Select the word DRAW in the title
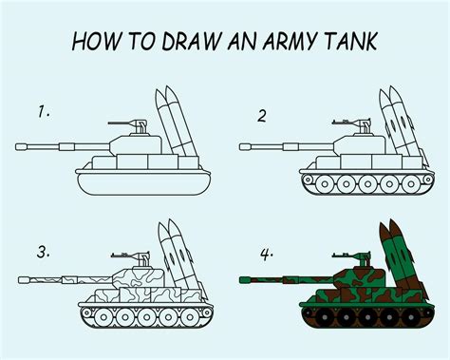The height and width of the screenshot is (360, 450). point(191,41)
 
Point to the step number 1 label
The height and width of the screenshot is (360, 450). point(44,112)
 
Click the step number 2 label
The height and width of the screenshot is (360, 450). point(262,116)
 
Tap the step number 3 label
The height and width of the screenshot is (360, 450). point(44,253)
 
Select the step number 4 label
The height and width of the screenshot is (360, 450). point(267,255)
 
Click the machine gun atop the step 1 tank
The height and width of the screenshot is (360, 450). point(128,124)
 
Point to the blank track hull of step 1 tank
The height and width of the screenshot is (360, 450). point(144,184)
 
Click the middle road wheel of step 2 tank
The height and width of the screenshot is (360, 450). point(367,183)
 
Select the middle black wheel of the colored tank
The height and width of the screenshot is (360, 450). point(367,317)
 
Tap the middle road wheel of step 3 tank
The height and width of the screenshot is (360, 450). point(146,317)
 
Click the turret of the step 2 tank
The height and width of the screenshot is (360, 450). point(360,145)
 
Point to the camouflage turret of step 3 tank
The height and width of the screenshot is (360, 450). point(139,278)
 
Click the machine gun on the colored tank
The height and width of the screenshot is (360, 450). point(353,257)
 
